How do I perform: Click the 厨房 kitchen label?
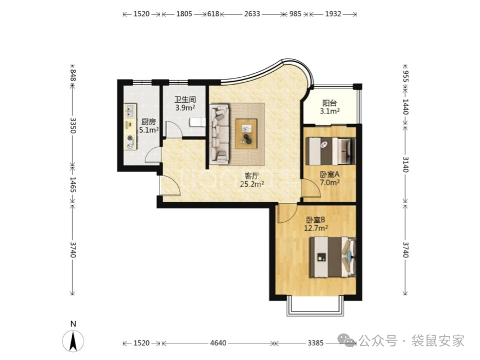[148, 122]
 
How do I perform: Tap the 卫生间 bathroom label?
[185, 100]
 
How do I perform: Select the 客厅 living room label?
[252, 176]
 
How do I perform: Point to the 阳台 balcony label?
[330, 103]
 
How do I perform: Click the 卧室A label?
[330, 174]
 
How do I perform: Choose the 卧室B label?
[316, 220]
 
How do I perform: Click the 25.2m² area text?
[252, 185]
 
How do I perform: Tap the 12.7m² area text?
[316, 228]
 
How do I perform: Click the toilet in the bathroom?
[197, 122]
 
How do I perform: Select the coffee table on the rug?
[246, 134]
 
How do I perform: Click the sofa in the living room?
[219, 133]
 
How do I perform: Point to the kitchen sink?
[130, 111]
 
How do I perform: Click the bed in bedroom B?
[333, 257]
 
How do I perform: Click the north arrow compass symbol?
[73, 341]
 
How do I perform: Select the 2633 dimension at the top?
[252, 14]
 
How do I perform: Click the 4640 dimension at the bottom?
[218, 343]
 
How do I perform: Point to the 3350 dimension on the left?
[73, 125]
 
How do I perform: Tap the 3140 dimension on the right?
[405, 164]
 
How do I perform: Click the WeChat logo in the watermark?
[347, 340]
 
